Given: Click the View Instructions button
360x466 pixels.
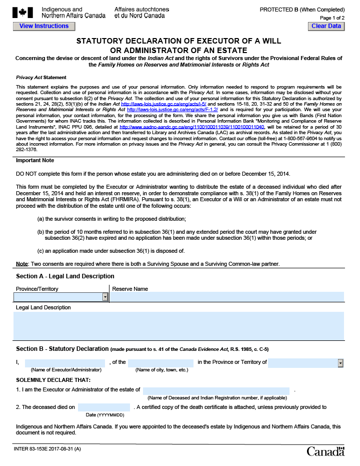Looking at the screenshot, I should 44,26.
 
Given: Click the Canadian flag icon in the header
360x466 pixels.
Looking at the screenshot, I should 22,13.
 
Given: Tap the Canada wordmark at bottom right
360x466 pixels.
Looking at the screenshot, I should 325,451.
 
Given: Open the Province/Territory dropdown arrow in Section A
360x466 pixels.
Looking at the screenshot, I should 105,297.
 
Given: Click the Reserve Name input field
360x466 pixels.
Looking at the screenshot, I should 227,297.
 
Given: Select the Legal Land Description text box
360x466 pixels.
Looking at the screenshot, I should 179,325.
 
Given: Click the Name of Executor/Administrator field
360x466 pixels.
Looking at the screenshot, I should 65,362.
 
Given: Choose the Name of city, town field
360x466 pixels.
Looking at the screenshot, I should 160,363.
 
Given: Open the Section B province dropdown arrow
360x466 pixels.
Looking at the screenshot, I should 340,363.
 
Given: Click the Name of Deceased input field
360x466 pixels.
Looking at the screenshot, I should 216,390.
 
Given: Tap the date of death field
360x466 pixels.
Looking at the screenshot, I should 104,407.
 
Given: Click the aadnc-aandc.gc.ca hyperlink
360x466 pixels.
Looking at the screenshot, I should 192,127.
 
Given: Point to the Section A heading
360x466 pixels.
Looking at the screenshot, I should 65,276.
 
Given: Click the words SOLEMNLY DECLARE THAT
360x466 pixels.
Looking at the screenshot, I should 48,380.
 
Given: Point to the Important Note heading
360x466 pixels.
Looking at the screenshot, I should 35,161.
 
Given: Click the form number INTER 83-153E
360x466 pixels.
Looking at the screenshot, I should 47,449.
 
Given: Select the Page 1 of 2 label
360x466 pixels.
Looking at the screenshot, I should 331,18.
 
